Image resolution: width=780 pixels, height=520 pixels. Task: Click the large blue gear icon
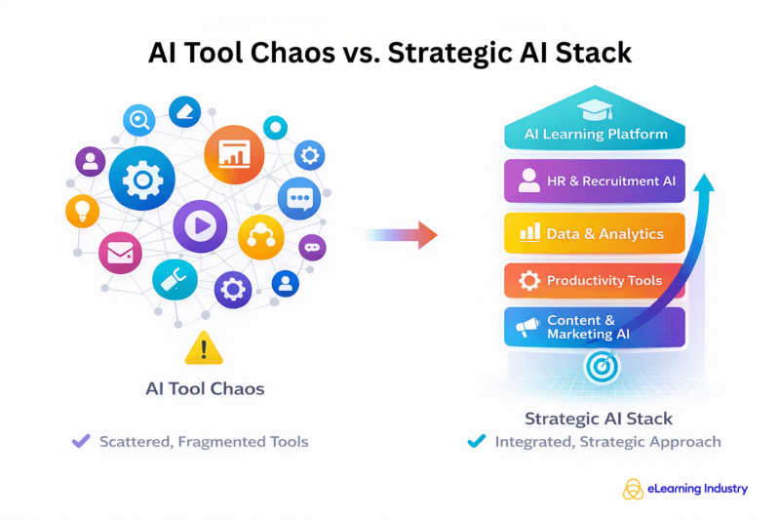tap(142, 180)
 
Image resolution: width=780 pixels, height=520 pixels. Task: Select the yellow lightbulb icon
tap(83, 211)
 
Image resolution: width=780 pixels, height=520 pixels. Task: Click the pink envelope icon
tap(119, 254)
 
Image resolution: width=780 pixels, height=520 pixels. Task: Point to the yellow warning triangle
tap(203, 347)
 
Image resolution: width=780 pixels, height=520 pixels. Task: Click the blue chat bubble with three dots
tap(298, 199)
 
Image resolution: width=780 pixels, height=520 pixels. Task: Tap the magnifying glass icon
tap(139, 121)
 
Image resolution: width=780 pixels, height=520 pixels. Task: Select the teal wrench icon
tap(175, 280)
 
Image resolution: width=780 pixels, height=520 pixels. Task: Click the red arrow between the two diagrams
tap(403, 234)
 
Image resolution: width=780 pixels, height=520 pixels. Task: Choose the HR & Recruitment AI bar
tap(594, 180)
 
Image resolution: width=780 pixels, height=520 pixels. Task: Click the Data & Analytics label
tap(604, 234)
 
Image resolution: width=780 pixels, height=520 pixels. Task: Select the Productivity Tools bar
tap(594, 281)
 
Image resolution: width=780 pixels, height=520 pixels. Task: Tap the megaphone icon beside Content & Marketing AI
tap(527, 328)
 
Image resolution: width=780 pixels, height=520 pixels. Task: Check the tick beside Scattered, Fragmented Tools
tap(82, 441)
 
